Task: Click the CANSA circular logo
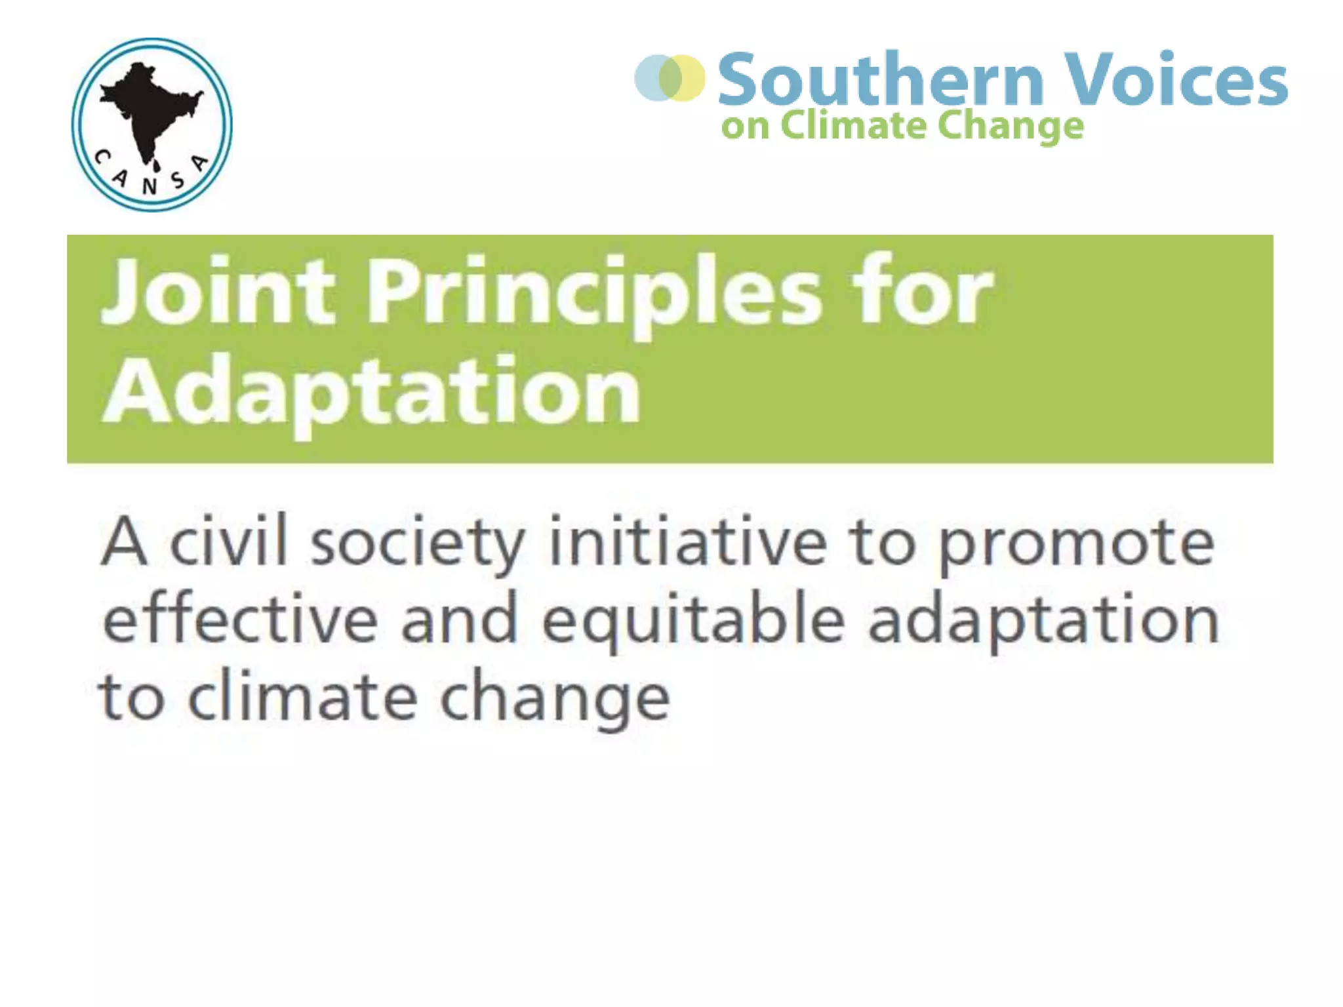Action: pos(151,125)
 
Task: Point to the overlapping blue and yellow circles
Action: pos(670,78)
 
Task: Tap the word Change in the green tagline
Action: pos(1010,126)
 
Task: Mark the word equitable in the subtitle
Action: pos(693,620)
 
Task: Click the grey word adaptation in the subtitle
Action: pos(1043,620)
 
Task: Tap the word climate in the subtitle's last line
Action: pos(302,696)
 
